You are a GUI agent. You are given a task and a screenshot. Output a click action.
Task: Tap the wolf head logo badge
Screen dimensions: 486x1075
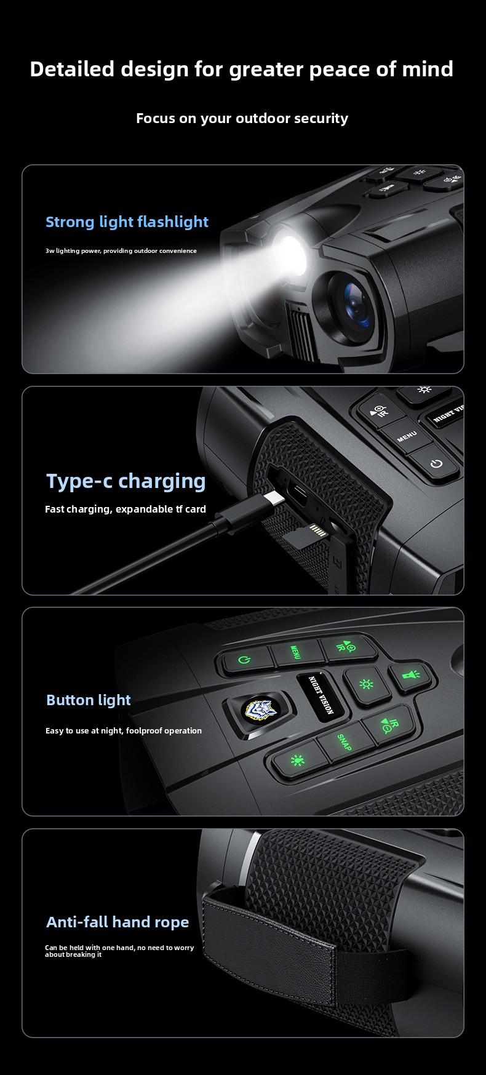pos(257,709)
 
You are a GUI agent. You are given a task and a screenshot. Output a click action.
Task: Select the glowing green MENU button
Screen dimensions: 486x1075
pos(295,652)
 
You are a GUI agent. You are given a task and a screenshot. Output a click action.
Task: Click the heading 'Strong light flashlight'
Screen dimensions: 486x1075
pos(127,222)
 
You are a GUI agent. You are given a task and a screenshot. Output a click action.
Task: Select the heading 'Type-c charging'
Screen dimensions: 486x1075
pos(126,481)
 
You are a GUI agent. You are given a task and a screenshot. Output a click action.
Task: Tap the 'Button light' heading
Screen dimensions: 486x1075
pos(89,700)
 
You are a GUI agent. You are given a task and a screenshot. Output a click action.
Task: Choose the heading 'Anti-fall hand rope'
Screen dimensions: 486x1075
pos(118,922)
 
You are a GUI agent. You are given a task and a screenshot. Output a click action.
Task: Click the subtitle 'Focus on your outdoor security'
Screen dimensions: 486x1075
pos(242,118)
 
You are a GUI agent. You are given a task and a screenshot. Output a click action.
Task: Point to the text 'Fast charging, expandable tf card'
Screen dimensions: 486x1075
pos(125,509)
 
